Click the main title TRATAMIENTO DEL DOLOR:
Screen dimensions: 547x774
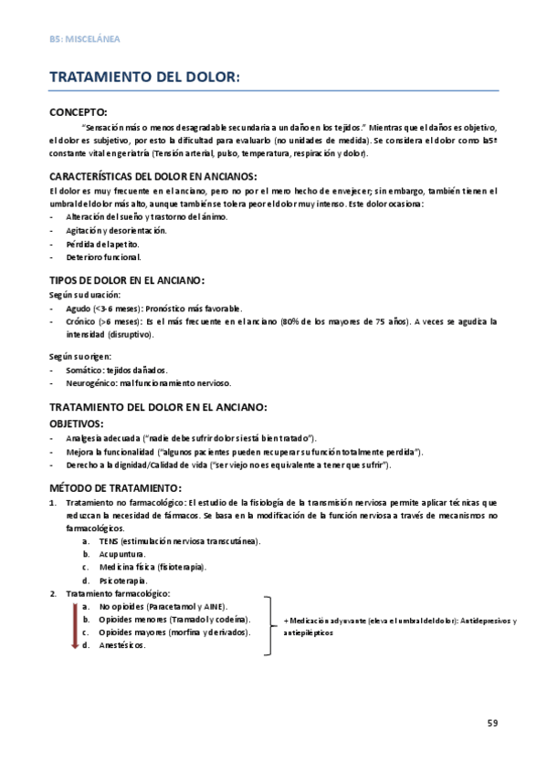144,79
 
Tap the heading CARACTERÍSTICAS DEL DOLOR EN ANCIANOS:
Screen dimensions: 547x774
153,175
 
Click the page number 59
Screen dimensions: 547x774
492,723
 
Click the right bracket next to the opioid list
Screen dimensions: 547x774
270,625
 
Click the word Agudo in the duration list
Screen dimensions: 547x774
79,309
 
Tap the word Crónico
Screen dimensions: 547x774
81,322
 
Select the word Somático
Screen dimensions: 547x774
84,370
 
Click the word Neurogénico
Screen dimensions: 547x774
89,382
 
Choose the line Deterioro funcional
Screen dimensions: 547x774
104,257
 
